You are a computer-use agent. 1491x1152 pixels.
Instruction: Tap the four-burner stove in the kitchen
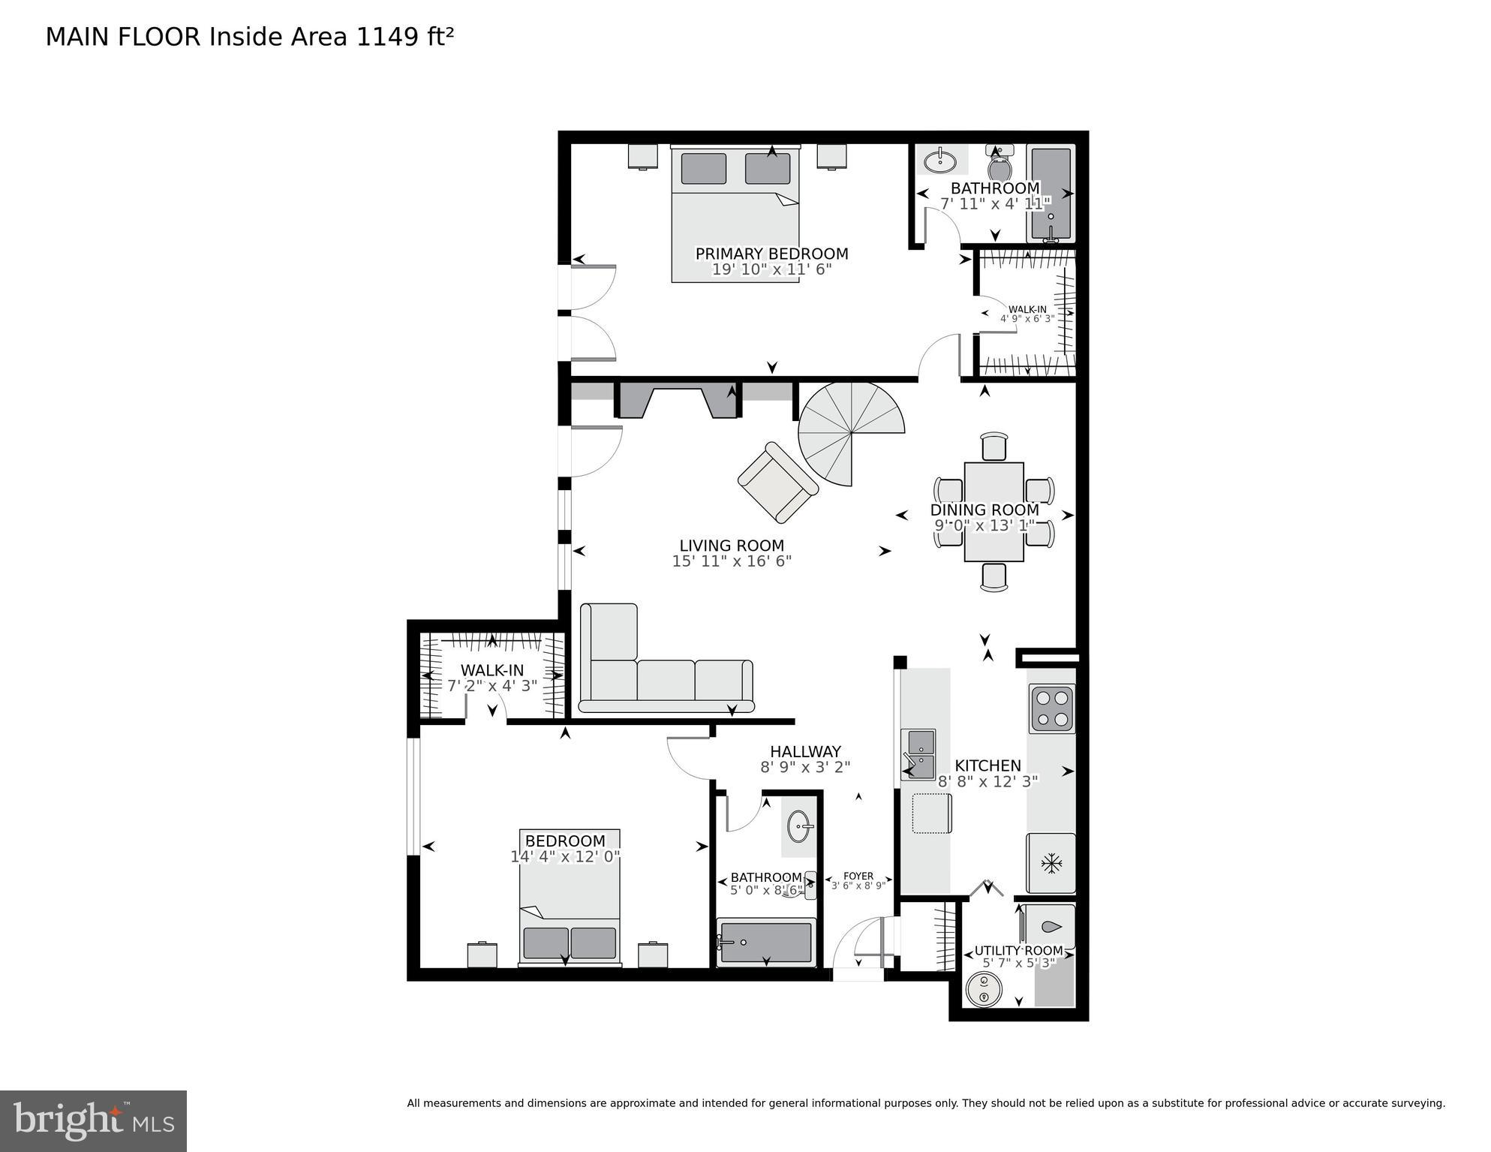[x=1051, y=709]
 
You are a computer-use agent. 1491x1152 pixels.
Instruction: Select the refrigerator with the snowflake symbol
[x=1051, y=863]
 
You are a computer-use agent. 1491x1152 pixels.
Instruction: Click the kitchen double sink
[x=918, y=754]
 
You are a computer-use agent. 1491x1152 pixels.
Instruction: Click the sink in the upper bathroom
[x=939, y=161]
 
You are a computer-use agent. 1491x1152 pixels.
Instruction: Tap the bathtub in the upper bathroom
[x=1051, y=193]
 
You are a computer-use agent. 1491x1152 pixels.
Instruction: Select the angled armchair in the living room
[x=777, y=482]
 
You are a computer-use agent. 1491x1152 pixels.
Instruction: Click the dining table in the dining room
[x=993, y=511]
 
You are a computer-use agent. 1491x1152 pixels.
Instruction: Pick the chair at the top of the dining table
[x=994, y=446]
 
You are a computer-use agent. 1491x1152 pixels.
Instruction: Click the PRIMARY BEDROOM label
[x=771, y=254]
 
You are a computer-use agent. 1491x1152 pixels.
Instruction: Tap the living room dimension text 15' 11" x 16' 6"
[x=732, y=561]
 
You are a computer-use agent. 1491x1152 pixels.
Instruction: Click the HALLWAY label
[x=805, y=751]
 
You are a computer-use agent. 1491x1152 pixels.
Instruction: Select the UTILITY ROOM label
[x=1018, y=950]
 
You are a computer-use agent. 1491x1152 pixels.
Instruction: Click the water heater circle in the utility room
[x=983, y=989]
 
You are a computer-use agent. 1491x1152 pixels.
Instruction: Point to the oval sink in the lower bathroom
[x=801, y=827]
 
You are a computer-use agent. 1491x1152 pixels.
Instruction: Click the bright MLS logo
[x=93, y=1121]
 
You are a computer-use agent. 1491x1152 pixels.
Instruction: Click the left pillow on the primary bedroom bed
[x=703, y=168]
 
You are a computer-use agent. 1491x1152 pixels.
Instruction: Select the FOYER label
[x=858, y=876]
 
